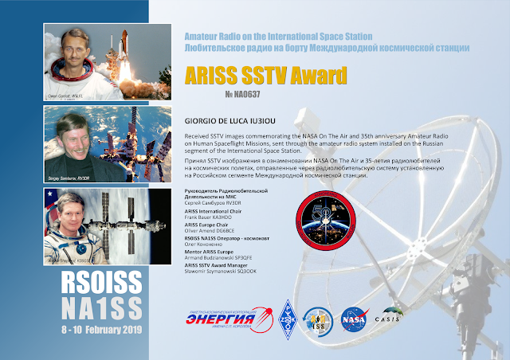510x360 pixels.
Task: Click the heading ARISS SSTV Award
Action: (265, 76)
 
